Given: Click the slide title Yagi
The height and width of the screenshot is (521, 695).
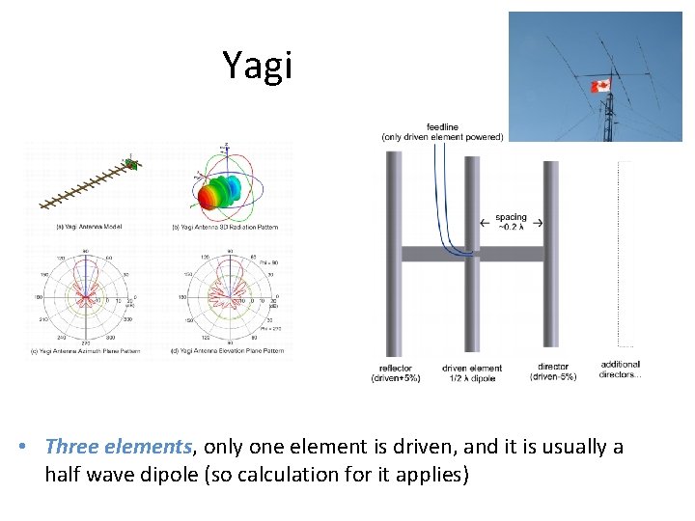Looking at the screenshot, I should (x=256, y=65).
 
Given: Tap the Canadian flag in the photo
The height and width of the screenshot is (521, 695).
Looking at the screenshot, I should (x=599, y=85).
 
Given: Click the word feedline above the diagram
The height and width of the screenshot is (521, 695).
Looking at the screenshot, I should (x=442, y=126).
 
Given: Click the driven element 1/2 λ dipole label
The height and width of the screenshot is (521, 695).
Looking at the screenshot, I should (x=471, y=372).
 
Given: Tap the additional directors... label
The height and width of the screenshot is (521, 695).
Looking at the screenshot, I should (x=620, y=369).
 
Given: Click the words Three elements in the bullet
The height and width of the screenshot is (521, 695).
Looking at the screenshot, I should (x=119, y=447).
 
